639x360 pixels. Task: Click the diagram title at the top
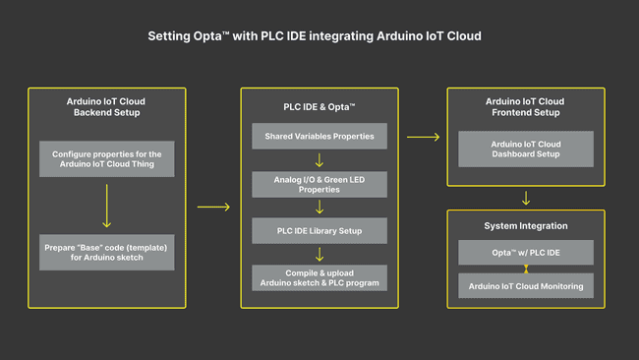click(315, 36)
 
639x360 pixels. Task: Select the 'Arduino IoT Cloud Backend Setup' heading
click(106, 106)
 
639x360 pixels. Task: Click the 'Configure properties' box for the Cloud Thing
click(106, 159)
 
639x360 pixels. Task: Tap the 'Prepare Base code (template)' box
click(106, 252)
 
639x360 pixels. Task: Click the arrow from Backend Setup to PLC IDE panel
click(213, 207)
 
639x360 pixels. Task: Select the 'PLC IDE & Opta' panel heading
click(319, 105)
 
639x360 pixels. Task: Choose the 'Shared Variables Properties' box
click(319, 136)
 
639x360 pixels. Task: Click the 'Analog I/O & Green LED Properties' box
click(319, 184)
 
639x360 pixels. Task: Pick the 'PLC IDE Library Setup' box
click(319, 231)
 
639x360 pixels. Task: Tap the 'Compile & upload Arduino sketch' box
click(319, 277)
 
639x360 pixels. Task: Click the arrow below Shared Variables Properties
click(319, 159)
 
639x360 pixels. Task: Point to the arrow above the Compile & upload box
click(319, 254)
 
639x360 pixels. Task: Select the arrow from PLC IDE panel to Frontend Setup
click(423, 137)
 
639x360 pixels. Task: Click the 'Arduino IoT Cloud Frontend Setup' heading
click(526, 106)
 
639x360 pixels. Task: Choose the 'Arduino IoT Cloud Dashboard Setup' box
click(526, 149)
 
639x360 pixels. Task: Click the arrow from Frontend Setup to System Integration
click(526, 198)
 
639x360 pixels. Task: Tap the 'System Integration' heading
click(526, 225)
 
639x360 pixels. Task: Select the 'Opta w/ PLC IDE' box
click(526, 253)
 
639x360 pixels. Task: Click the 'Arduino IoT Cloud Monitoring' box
click(526, 285)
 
